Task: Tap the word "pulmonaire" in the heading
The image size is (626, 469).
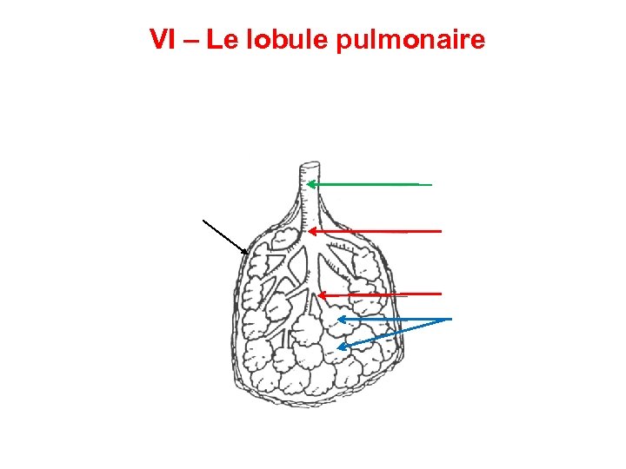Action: tap(411, 40)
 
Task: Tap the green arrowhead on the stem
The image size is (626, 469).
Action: tap(310, 184)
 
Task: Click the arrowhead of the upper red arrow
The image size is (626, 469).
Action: tap(312, 231)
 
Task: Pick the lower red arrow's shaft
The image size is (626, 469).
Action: tap(383, 294)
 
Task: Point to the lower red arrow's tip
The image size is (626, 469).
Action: tap(319, 295)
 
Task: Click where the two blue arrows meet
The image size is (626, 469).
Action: tap(451, 320)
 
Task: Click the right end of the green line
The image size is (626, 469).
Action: tap(430, 184)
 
